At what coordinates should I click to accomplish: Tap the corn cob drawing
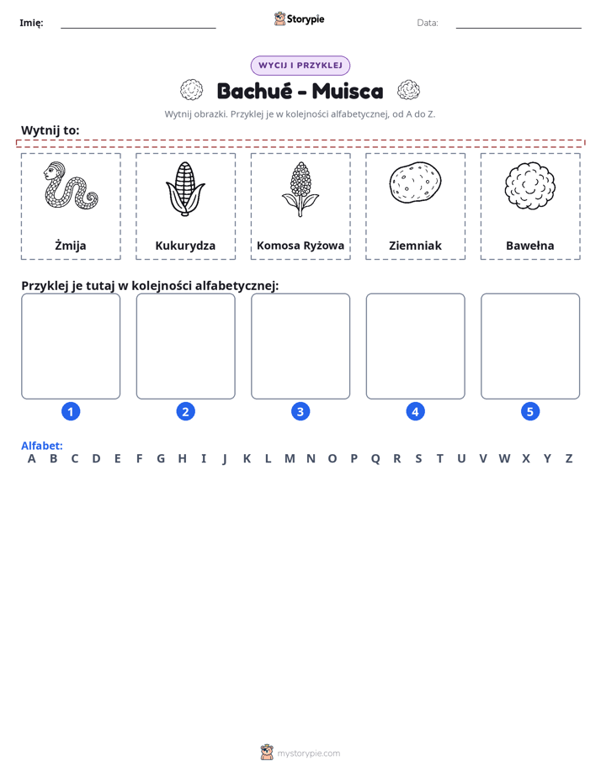(x=185, y=189)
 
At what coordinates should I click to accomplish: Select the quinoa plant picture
(x=300, y=189)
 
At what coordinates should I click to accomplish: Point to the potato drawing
(x=415, y=182)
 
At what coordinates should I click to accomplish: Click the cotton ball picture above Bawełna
(x=530, y=186)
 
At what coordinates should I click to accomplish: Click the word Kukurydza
(x=185, y=246)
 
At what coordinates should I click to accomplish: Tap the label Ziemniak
(x=415, y=246)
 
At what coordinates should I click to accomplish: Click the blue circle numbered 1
(x=71, y=411)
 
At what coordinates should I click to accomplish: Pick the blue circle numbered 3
(x=300, y=411)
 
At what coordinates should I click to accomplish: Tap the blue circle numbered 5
(x=530, y=411)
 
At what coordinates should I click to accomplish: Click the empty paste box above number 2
(x=185, y=346)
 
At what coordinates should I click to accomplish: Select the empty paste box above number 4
(x=416, y=346)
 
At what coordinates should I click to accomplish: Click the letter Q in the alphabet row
(x=375, y=459)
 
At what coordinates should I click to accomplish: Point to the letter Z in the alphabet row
(x=569, y=459)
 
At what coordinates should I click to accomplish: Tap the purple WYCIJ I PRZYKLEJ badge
(x=300, y=66)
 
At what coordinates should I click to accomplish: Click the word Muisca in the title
(x=348, y=91)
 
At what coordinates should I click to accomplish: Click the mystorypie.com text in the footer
(x=308, y=753)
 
